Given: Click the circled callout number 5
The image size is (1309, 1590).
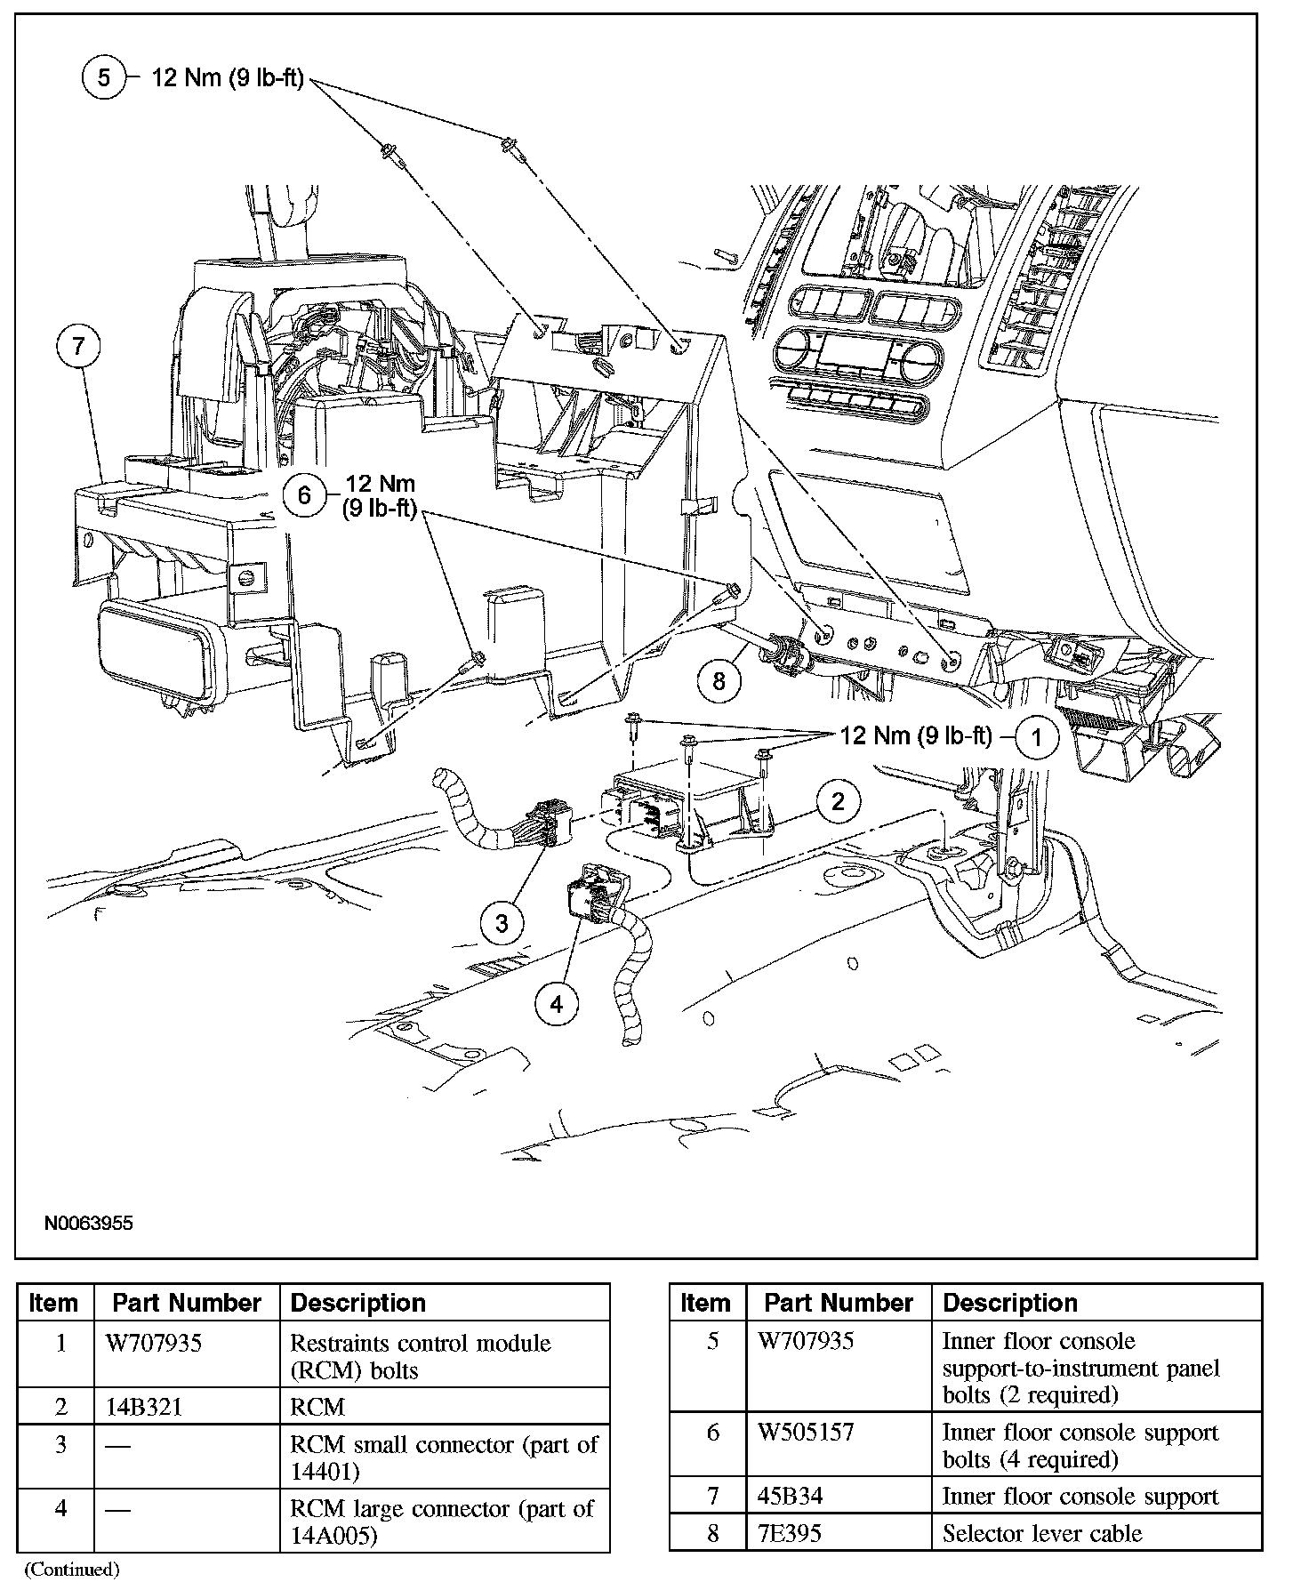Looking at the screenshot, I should point(104,78).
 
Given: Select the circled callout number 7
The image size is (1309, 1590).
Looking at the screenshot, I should point(78,345).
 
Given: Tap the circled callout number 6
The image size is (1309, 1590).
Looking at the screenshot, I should point(304,494).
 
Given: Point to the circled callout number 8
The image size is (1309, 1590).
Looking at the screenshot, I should point(719,682).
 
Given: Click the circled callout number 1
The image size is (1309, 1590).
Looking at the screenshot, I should point(1035,737).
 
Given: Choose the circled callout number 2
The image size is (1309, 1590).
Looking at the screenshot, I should point(837,801).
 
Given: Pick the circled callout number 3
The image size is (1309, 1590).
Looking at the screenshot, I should point(502,923).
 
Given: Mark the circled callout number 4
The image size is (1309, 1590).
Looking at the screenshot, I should point(557,1004).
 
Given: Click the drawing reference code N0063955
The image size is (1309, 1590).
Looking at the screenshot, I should point(89,1224).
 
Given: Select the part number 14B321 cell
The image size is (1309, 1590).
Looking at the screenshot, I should point(144,1407).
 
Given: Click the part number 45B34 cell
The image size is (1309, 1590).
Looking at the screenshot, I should point(790,1496).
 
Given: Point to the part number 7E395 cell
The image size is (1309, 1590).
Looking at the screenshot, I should point(790,1533).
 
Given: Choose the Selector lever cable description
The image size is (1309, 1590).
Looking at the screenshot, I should point(1042,1533).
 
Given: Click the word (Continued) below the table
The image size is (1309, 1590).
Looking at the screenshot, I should point(71,1570).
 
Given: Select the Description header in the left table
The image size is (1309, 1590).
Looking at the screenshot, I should point(358,1304).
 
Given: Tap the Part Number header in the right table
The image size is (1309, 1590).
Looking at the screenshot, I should point(839,1304).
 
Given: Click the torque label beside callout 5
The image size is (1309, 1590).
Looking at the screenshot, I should point(229,78).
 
